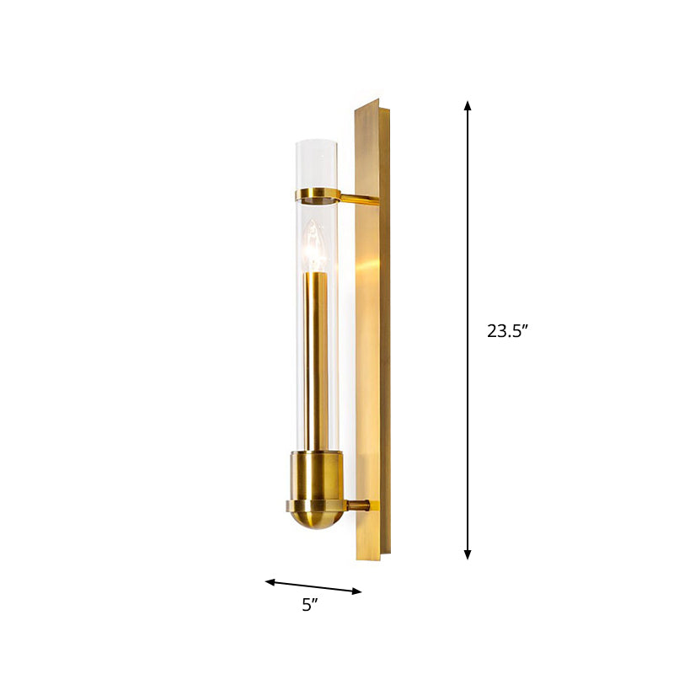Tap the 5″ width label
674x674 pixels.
(312, 604)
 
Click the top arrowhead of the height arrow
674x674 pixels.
(468, 106)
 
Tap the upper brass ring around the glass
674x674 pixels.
(317, 197)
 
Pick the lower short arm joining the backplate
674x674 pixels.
(358, 505)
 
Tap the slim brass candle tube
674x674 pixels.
(316, 362)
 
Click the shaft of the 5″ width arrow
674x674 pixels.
(313, 586)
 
